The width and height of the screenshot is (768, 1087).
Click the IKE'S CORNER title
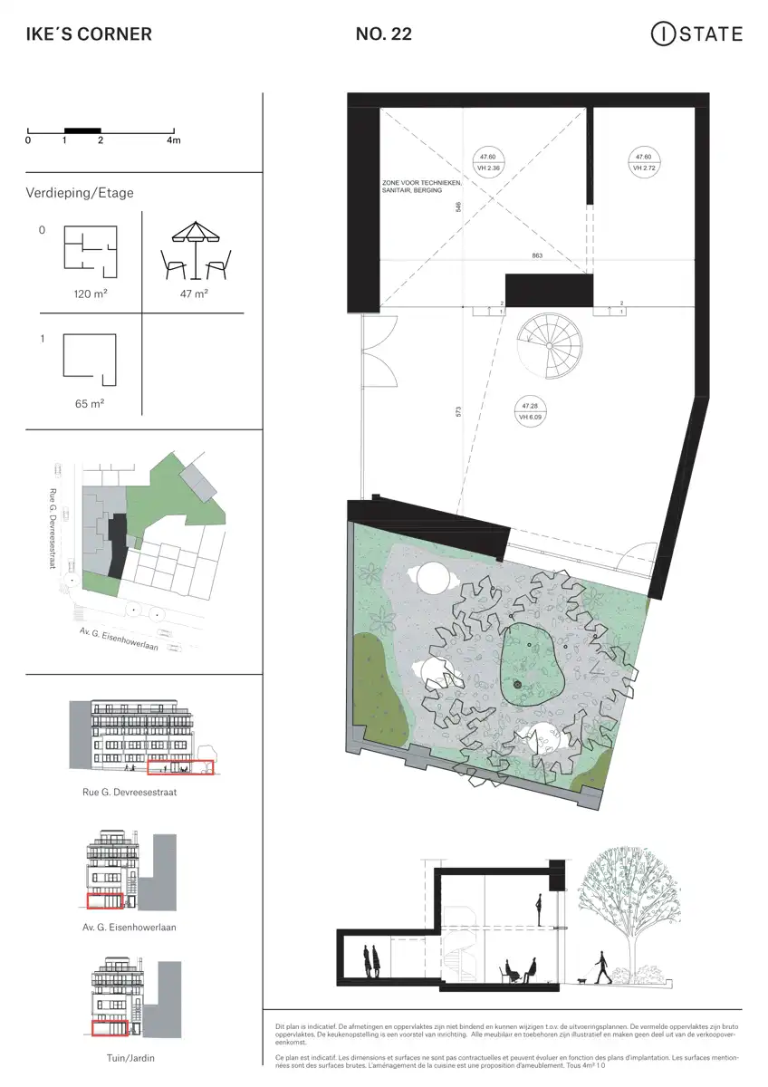click(89, 35)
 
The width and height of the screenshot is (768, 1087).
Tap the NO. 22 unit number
click(384, 35)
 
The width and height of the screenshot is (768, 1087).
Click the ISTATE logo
click(696, 34)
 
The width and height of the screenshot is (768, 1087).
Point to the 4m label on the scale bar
click(174, 140)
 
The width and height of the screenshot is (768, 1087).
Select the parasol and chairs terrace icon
click(196, 251)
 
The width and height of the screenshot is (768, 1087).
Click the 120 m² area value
click(91, 294)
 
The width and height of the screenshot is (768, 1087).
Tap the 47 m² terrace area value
click(195, 294)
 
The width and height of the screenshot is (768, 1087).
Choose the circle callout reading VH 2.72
click(644, 162)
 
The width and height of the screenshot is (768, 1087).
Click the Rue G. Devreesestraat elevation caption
click(130, 792)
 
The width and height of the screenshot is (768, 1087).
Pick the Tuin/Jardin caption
click(130, 1057)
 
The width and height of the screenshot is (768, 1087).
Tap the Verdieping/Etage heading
click(81, 193)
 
